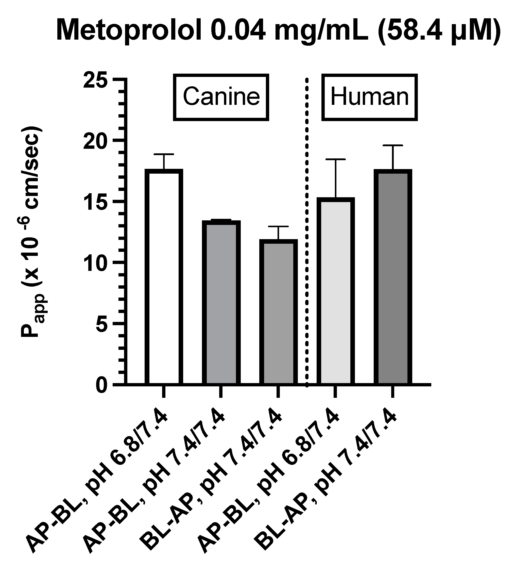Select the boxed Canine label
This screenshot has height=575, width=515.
(221, 97)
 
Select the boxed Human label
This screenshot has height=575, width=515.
(369, 97)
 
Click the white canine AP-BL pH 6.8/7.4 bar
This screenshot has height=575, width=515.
(164, 277)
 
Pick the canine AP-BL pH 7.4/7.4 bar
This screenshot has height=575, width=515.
(221, 303)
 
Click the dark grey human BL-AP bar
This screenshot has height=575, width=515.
(392, 277)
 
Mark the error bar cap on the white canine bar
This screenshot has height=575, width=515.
(164, 154)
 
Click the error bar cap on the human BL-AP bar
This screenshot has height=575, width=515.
(392, 145)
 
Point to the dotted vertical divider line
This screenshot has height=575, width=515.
(307, 232)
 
